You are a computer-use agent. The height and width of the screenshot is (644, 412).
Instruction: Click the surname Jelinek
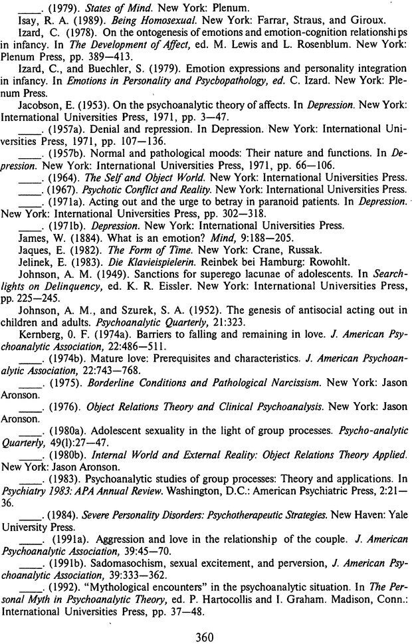pyautogui.click(x=35, y=261)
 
